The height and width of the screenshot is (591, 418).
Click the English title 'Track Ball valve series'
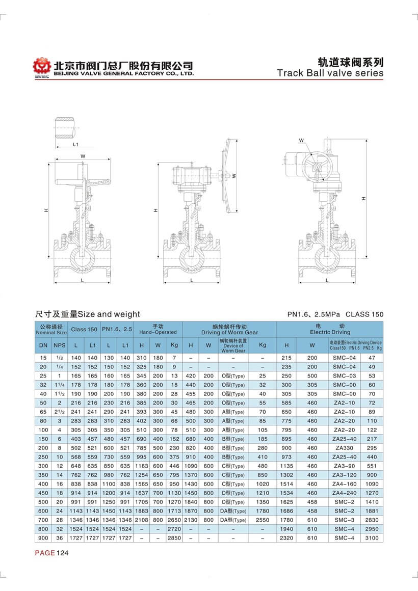330,73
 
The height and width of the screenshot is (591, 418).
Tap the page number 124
62,553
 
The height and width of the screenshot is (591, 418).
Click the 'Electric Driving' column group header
330,329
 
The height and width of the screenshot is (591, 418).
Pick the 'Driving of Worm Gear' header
229,329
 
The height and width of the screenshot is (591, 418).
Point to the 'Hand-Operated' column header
158,329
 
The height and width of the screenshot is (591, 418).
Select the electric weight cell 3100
372,538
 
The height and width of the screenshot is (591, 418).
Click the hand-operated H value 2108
141,520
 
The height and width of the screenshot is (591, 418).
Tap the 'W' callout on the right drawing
301,141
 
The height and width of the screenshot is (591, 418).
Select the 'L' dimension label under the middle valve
191,280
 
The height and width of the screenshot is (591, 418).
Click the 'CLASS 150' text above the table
364,314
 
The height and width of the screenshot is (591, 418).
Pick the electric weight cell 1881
372,511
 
